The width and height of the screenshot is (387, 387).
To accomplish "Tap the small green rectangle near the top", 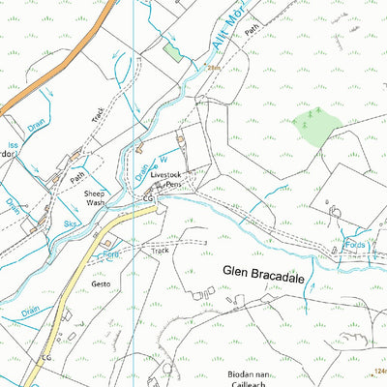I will coord(172,50).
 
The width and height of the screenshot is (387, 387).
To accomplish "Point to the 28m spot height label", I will coord(215,69).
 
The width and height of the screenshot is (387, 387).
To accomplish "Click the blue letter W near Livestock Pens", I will coord(163,159).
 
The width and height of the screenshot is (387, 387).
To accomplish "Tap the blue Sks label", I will coord(71,222).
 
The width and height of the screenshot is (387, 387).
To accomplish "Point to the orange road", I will coord(39,84).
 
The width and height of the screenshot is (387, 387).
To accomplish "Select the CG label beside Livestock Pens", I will coord(148,198).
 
